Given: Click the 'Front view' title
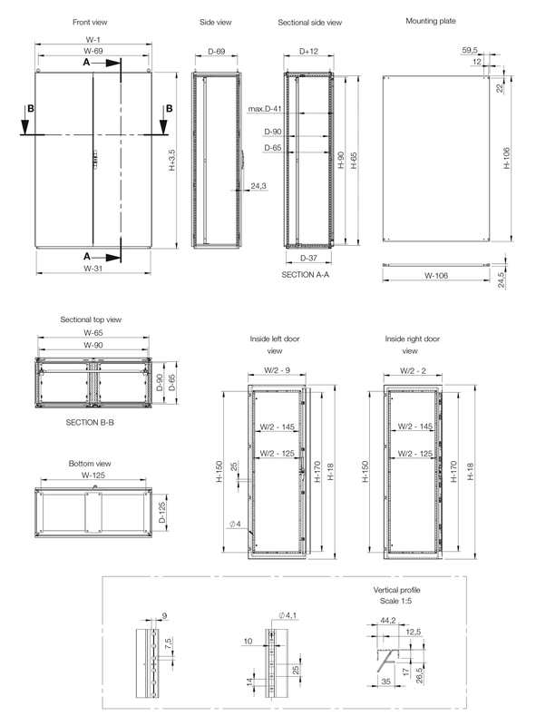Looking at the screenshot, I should tap(93, 20).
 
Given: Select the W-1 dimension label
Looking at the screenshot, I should tap(93, 40).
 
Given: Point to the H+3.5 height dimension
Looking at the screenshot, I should tap(172, 162).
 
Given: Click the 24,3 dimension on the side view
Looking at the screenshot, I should tap(258, 186).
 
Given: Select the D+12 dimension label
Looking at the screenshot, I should tap(308, 52).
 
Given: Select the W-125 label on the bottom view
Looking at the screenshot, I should tap(91, 475).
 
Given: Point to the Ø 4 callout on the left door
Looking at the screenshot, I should tap(234, 524).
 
